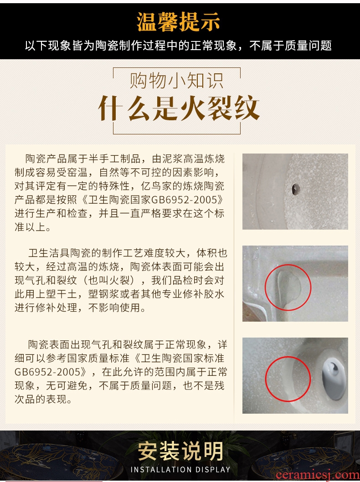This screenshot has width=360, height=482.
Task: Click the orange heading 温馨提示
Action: [178, 22]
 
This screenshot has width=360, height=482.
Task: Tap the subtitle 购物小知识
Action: [176, 81]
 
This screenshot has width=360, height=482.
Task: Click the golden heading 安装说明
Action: [180, 451]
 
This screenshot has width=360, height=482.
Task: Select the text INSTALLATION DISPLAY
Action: [180, 470]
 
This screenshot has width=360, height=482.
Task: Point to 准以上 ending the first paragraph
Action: [30, 227]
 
